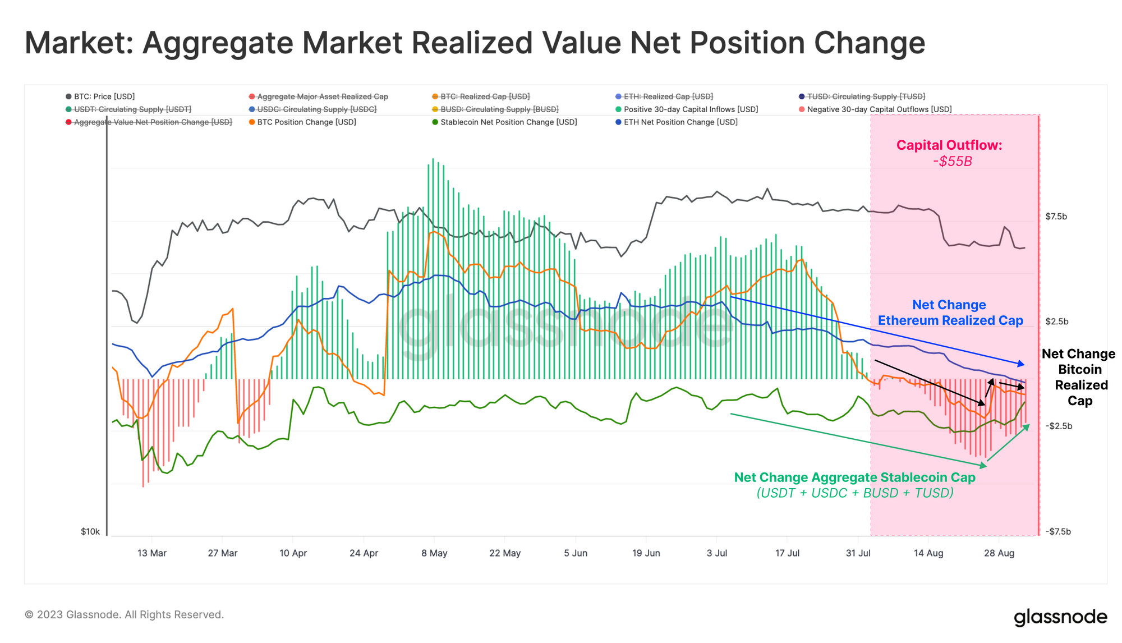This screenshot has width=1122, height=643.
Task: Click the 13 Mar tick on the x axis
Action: tap(152, 553)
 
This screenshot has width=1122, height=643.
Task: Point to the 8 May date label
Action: tap(434, 553)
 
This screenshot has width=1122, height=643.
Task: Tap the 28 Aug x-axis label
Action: tap(999, 553)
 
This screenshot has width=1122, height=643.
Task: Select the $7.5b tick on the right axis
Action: tap(1056, 217)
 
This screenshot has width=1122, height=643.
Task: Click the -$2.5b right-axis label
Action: tap(1058, 426)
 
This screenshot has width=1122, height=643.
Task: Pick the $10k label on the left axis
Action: tap(90, 531)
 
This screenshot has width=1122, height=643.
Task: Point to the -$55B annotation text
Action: tap(953, 162)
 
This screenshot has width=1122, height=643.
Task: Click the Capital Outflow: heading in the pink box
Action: tap(949, 145)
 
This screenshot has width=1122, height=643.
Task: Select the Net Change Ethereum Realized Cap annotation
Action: tap(950, 313)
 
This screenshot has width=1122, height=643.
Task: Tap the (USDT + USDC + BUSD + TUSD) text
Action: tap(855, 493)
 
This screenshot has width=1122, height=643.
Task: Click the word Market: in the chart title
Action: tap(79, 43)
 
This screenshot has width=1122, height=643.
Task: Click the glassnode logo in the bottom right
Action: tap(1060, 617)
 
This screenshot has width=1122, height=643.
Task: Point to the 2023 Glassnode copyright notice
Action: tap(124, 615)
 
